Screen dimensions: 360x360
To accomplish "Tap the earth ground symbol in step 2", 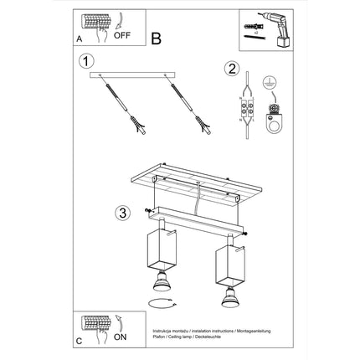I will [x=270, y=83].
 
